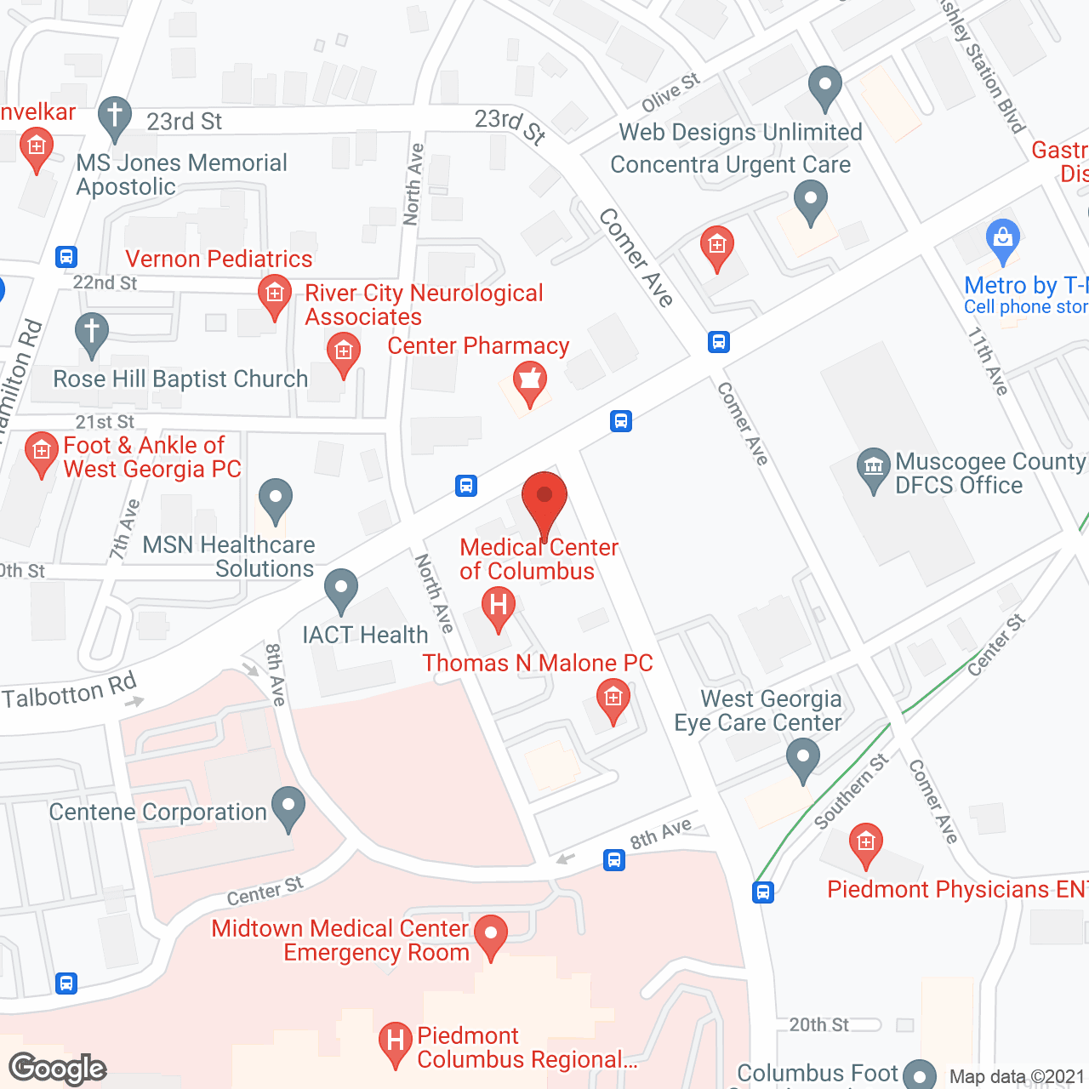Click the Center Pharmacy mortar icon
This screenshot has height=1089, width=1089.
point(529,379)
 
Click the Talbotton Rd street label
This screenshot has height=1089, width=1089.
point(70,691)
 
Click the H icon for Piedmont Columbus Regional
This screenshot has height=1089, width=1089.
point(395,1041)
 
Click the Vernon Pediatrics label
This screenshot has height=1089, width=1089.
point(219,259)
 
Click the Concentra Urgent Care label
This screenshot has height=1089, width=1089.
point(730,165)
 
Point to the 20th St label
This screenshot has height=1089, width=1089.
point(818,1024)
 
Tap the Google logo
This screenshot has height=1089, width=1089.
point(58,1069)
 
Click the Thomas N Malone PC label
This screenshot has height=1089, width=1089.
point(538,663)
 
